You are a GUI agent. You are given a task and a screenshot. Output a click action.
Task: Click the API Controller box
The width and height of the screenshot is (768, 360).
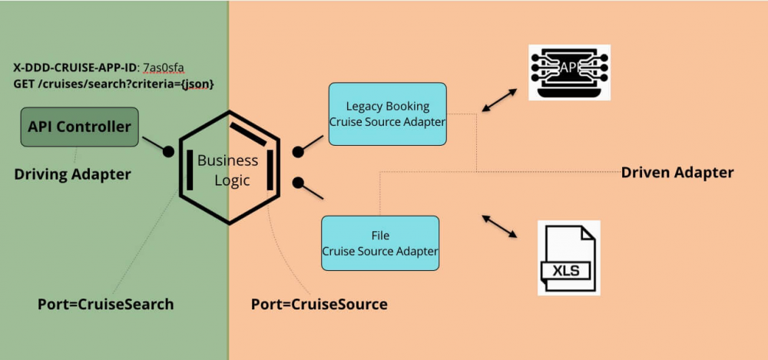79,127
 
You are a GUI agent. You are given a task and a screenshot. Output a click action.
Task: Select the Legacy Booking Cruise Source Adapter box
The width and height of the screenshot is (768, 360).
387,114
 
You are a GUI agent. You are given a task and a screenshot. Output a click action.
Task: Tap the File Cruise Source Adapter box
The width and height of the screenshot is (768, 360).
380,243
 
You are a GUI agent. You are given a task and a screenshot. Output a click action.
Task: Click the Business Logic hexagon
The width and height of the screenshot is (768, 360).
228,167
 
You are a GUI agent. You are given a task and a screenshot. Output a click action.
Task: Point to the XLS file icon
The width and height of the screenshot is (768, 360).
568,258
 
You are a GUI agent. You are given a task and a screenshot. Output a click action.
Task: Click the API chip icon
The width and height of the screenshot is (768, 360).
569,71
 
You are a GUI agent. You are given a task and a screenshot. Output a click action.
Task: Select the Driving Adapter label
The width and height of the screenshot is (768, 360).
72,174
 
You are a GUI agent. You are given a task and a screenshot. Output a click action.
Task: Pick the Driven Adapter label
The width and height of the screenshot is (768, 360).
677,172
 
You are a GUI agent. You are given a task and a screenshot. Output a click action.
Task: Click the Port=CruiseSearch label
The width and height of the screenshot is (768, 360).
105,304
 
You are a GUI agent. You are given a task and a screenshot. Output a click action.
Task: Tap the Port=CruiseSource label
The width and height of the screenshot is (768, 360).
319,304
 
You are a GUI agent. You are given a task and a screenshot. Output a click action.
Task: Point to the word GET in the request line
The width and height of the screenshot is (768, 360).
24,82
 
